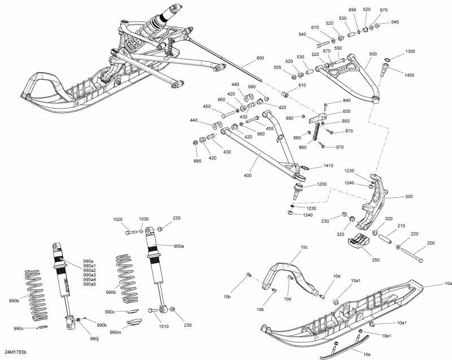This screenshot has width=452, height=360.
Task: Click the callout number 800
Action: coord(260,58)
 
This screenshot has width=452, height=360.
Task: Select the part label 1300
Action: coord(410,51)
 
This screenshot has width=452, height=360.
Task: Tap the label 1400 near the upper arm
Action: coord(410,74)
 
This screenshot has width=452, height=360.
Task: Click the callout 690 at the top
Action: coord(352,10)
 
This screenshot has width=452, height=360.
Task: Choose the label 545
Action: coord(395,22)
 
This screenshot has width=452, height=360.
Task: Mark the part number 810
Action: coord(302,85)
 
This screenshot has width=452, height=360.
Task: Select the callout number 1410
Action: coord(328,166)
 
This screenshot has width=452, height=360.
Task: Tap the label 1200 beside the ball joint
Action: coord(321,185)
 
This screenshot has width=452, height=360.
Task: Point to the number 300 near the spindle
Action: coord(409,197)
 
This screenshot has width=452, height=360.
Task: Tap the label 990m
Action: coord(116,332)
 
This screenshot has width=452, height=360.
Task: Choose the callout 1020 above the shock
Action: coord(118,219)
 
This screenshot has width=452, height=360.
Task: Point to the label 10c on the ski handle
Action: coord(304,248)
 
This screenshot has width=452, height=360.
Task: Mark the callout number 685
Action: coord(197,161)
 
